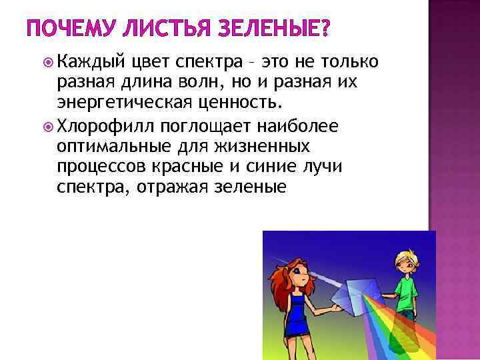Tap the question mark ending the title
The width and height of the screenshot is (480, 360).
coord(325,29)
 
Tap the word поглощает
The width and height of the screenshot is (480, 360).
coord(197,125)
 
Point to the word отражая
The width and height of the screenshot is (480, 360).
coord(172,187)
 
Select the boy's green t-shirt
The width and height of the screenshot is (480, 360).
coord(406,291)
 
